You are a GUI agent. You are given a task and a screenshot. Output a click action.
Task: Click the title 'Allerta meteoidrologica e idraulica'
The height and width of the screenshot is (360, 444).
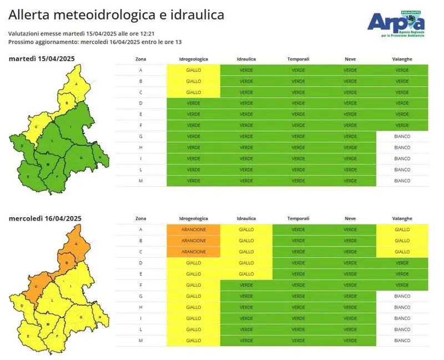pyautogui.click(x=117, y=15)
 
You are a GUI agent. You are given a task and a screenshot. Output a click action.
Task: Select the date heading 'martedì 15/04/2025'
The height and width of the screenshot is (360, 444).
pyautogui.click(x=42, y=59)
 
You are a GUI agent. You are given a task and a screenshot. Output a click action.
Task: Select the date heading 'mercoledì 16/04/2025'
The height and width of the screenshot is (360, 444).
pyautogui.click(x=45, y=218)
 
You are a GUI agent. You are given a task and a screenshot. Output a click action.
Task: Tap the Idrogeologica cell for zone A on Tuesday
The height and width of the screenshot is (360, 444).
pyautogui.click(x=194, y=70)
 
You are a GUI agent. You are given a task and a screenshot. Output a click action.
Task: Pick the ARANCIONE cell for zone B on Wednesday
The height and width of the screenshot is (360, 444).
pyautogui.click(x=194, y=241)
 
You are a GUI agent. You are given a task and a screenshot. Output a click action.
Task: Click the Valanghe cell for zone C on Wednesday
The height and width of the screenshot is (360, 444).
pyautogui.click(x=402, y=252)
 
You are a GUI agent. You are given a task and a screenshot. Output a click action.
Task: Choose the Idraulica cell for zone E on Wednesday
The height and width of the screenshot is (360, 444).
pyautogui.click(x=246, y=274)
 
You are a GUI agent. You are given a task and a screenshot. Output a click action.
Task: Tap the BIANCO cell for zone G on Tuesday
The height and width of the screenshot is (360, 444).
pyautogui.click(x=402, y=136)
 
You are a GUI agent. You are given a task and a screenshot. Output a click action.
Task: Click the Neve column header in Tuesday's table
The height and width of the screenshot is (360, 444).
pyautogui.click(x=350, y=59)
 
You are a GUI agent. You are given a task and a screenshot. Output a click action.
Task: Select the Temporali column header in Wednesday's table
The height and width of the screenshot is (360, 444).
pyautogui.click(x=298, y=218)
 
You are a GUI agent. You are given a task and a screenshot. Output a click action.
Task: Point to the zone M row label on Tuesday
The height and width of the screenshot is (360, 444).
pyautogui.click(x=141, y=181)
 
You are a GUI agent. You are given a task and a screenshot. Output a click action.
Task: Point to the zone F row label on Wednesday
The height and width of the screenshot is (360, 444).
pyautogui.click(x=141, y=285)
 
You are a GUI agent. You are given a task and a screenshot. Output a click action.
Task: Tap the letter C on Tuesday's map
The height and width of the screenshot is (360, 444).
pyautogui.click(x=36, y=127)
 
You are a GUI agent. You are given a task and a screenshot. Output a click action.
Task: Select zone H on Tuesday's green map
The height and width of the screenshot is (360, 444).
pyautogui.click(x=100, y=157)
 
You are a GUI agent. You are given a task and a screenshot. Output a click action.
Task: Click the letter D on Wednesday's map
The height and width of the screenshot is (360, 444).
pyautogui.click(x=22, y=305)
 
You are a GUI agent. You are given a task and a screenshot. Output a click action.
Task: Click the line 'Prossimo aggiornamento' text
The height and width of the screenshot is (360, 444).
pyautogui.click(x=95, y=42)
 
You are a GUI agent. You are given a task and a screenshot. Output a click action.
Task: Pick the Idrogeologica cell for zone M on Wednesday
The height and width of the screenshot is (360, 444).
pyautogui.click(x=194, y=340)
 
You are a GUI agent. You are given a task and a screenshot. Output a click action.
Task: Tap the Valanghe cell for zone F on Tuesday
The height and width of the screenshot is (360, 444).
pyautogui.click(x=402, y=125)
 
